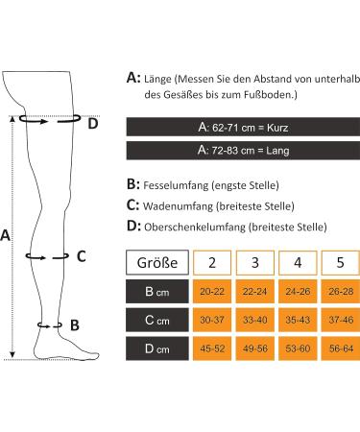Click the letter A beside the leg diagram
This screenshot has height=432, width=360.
pyautogui.click(x=8, y=234)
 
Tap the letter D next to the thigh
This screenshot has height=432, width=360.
pyautogui.click(x=92, y=122)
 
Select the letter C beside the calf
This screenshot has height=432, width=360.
pyautogui.click(x=81, y=255)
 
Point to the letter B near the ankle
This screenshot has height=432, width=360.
pyautogui.click(x=75, y=324)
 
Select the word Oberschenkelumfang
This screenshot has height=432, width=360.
pyautogui.click(x=195, y=228)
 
